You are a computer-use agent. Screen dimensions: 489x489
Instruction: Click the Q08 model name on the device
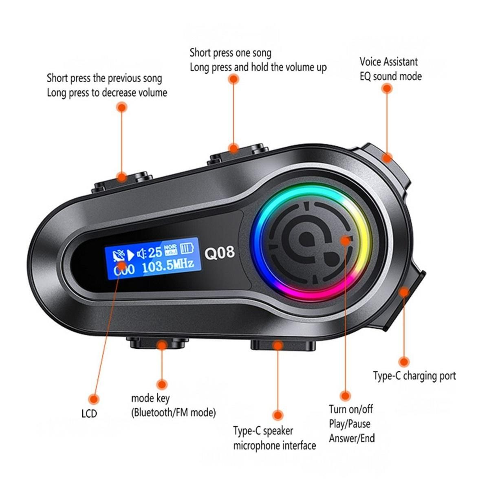(x=220, y=253)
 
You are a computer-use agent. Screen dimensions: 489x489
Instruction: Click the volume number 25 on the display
(x=155, y=252)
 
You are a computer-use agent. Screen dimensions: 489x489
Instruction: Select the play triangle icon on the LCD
(x=130, y=255)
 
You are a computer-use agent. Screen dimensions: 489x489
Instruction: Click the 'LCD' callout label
(x=89, y=413)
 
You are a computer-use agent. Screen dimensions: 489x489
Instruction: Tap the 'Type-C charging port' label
(x=414, y=376)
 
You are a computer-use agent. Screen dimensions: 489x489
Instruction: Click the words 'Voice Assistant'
(x=388, y=62)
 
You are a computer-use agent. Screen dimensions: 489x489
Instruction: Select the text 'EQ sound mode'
(x=390, y=76)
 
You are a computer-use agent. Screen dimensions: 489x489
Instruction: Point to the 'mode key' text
(x=150, y=399)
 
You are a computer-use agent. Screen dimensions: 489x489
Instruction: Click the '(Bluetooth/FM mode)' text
(x=173, y=412)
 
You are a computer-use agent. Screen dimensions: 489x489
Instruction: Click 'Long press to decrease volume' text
(x=107, y=93)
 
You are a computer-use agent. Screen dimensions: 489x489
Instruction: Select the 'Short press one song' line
(x=230, y=53)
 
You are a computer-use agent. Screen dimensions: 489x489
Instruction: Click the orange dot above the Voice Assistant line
(x=387, y=88)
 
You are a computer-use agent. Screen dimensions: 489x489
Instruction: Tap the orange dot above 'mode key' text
(x=162, y=385)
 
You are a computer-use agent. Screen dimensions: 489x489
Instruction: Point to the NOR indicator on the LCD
(x=170, y=247)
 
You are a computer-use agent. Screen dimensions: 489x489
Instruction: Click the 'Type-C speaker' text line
(x=263, y=431)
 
